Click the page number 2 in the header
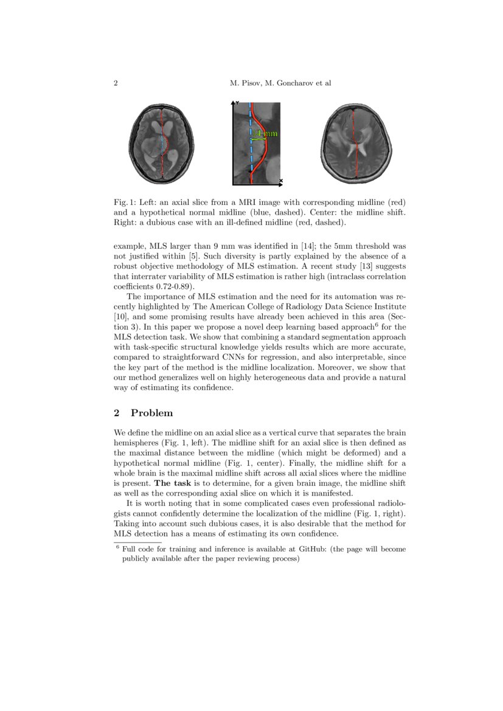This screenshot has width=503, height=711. pos(116,83)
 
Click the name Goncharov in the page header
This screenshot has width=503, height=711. pos(281,83)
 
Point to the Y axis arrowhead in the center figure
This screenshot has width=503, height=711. pos(236,103)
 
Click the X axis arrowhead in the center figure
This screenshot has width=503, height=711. pos(280,181)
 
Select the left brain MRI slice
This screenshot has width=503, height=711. pos(162,142)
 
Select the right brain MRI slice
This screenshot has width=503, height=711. pos(356,142)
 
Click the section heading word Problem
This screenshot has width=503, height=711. pos(151,413)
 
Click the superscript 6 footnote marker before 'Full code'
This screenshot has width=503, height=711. pos(117,547)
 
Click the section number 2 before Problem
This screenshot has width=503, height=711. pos(116,413)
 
